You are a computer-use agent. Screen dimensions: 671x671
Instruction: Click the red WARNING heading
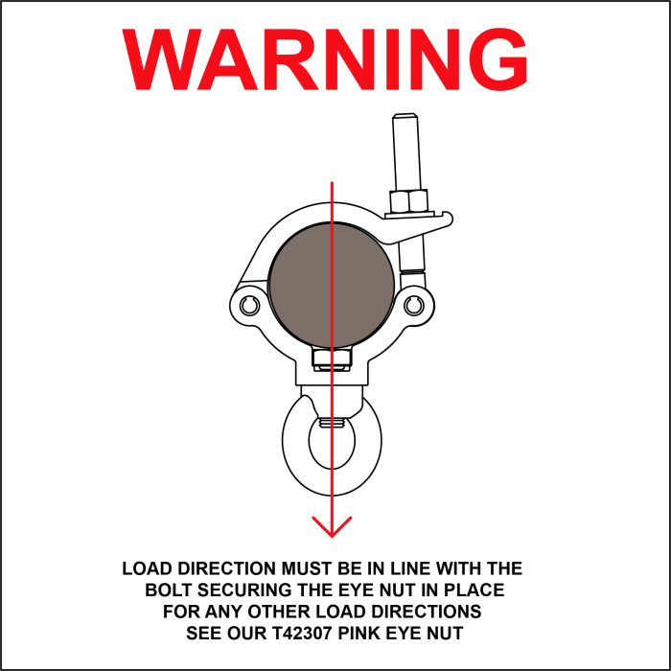pyautogui.click(x=324, y=58)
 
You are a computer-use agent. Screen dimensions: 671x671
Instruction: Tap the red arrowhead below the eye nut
pyautogui.click(x=332, y=527)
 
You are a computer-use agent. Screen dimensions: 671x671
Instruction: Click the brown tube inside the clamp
pyautogui.click(x=332, y=285)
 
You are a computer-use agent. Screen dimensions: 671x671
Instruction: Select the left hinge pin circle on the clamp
pyautogui.click(x=249, y=306)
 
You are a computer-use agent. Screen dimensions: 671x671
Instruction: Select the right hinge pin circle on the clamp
pyautogui.click(x=414, y=306)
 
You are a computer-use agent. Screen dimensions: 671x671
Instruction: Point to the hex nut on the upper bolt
pyautogui.click(x=408, y=201)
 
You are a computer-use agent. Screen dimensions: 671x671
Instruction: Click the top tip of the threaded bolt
pyautogui.click(x=405, y=114)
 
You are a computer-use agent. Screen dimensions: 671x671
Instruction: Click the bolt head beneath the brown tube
pyautogui.click(x=332, y=359)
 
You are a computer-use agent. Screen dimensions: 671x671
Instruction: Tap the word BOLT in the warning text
pyautogui.click(x=168, y=590)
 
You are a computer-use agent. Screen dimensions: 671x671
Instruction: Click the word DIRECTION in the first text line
pyautogui.click(x=227, y=568)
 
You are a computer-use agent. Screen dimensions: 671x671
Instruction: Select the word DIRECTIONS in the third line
pyautogui.click(x=427, y=612)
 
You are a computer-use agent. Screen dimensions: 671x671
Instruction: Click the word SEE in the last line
pyautogui.click(x=203, y=633)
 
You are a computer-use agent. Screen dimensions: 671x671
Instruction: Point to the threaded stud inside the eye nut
pyautogui.click(x=332, y=424)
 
